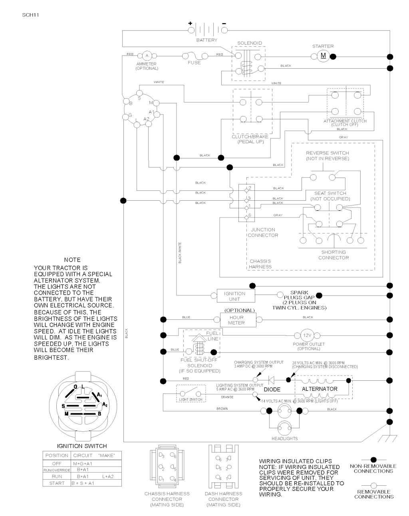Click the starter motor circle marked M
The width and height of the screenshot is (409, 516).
[x=323, y=56]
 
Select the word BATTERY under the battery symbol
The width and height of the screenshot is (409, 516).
[x=206, y=40]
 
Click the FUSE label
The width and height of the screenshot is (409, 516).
[x=194, y=63]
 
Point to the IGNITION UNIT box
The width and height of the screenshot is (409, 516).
[x=234, y=296]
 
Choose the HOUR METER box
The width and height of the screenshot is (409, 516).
[x=236, y=320]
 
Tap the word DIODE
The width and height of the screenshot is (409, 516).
[x=272, y=389]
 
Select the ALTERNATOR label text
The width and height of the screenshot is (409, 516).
[x=320, y=389]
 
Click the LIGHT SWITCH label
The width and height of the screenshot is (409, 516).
[x=191, y=399]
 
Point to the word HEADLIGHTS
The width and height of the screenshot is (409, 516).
[x=284, y=439]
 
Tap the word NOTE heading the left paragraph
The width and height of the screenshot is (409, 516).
[x=72, y=260]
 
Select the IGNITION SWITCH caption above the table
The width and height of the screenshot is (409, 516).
[x=82, y=446]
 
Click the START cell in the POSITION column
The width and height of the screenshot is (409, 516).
[x=57, y=483]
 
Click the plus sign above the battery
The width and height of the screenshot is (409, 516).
[x=190, y=23]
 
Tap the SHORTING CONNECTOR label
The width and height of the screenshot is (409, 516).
[x=334, y=255]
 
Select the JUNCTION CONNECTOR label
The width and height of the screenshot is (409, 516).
[x=263, y=232]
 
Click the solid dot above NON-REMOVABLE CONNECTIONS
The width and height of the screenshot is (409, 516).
[x=373, y=460]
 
